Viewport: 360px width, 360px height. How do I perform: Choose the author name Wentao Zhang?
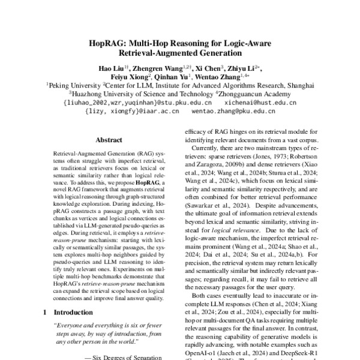(x=223, y=77)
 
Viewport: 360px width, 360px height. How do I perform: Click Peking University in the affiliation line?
(x=74, y=86)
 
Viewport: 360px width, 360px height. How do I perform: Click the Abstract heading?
(x=109, y=139)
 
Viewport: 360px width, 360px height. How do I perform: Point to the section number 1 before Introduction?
(x=46, y=313)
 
